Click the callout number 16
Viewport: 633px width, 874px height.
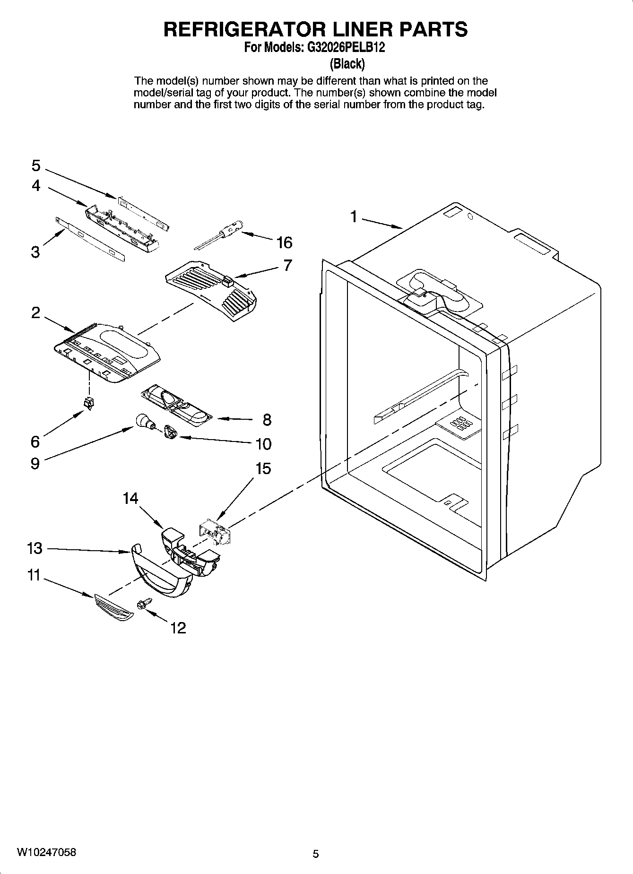point(285,243)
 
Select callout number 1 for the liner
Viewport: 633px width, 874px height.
point(353,216)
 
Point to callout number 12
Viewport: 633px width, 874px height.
point(178,628)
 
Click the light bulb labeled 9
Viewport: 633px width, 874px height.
point(142,420)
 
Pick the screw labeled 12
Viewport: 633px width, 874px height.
point(143,605)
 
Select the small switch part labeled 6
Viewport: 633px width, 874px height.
point(88,403)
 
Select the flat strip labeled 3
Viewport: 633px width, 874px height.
point(91,239)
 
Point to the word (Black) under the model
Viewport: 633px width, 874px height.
point(347,63)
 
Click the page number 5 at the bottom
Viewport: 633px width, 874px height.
point(316,854)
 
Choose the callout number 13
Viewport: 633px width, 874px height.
point(35,548)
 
